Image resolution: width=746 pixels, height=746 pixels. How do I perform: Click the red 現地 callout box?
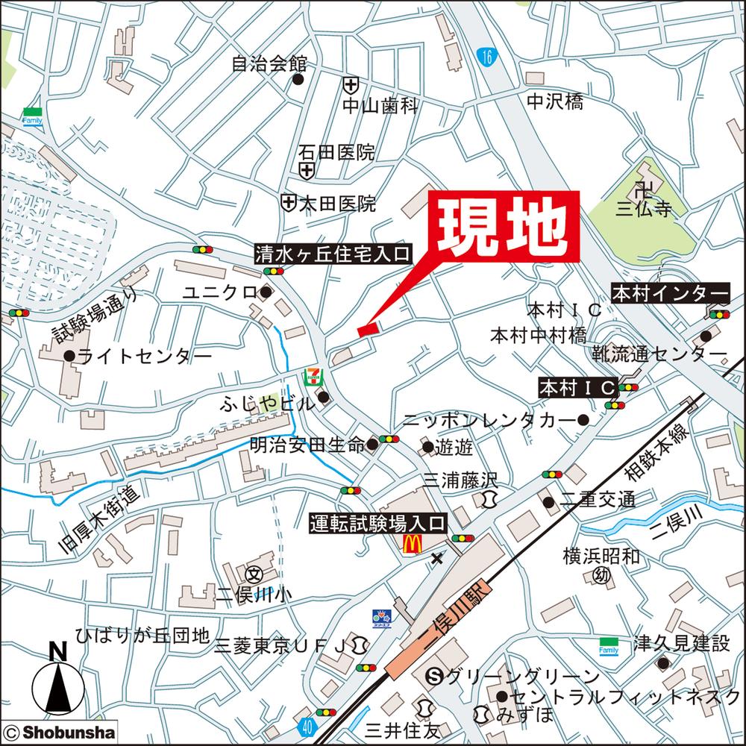[504, 226]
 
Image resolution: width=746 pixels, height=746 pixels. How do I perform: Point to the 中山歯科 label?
[380, 106]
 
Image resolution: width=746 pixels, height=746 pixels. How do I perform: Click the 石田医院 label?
[336, 153]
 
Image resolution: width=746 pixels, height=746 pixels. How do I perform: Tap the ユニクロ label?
[221, 292]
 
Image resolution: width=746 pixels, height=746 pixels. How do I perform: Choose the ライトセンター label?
[144, 357]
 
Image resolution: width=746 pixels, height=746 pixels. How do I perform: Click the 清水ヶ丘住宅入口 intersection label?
[333, 254]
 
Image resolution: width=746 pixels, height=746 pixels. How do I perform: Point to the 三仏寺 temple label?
[644, 209]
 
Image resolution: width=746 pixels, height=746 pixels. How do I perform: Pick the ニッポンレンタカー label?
[489, 421]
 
